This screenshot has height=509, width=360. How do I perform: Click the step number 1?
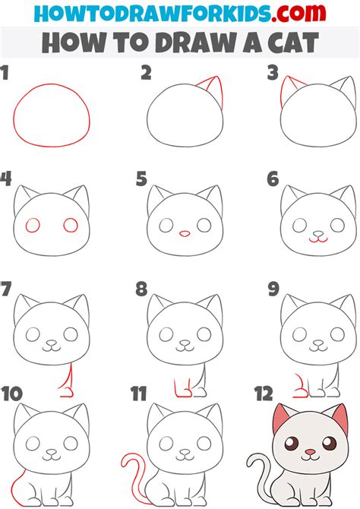pyautogui.click(x=6, y=73)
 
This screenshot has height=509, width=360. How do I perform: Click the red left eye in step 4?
pyautogui.click(x=33, y=225)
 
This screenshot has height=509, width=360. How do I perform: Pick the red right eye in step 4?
pyautogui.click(x=71, y=225)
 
